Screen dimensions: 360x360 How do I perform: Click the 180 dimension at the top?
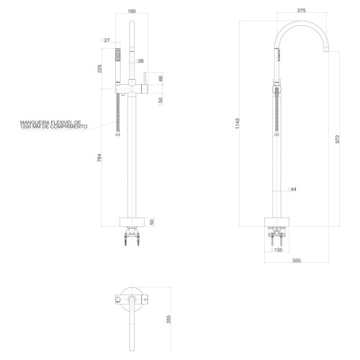tap(132, 11)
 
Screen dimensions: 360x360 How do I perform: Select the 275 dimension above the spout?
tap(301, 10)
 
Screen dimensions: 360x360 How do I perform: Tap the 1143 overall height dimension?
tap(238, 124)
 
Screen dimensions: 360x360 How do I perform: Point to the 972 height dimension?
tap(338, 139)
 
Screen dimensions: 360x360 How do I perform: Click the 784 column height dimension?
tap(99, 158)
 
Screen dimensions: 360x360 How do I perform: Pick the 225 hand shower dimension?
tap(99, 68)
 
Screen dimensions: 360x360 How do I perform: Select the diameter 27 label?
tap(105, 40)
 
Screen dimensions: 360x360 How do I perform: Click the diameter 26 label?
tap(139, 61)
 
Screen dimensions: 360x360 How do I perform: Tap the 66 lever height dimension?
tap(161, 78)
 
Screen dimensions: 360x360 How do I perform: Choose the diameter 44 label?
tap(292, 189)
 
